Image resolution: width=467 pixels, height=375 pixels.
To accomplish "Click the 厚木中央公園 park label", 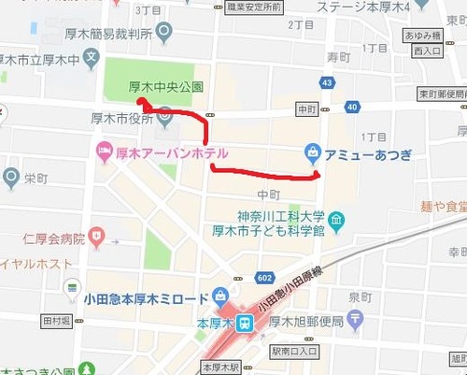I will coord(165,86).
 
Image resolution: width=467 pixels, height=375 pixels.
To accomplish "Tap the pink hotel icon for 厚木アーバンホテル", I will coord(103,151).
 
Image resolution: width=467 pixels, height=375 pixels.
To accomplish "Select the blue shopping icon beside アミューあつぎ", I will coord(312,151).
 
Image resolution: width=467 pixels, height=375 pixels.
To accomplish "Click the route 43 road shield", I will coord(326,83).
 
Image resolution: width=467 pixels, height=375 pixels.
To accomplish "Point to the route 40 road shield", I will coord(351,108).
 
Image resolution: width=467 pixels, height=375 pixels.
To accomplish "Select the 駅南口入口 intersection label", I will coord(295,352).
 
